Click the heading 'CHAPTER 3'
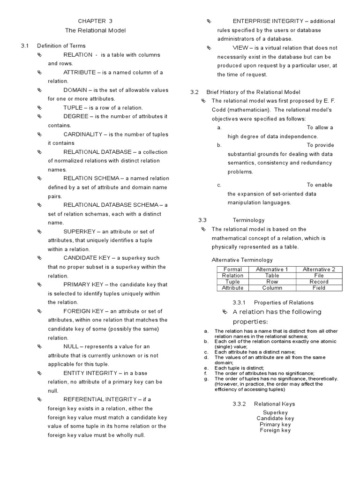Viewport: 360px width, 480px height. pyautogui.click(x=95, y=21)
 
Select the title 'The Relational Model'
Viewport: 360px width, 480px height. pyautogui.click(x=95, y=30)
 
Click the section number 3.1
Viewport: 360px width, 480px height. pyautogui.click(x=25, y=46)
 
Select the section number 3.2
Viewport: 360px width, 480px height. pyautogui.click(x=195, y=92)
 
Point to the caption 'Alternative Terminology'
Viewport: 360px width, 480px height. pyautogui.click(x=242, y=260)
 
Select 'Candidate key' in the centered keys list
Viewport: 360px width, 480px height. pyautogui.click(x=275, y=418)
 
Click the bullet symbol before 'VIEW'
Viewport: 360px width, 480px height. pyautogui.click(x=210, y=48)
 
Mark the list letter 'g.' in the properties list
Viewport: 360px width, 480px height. pyautogui.click(x=206, y=379)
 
